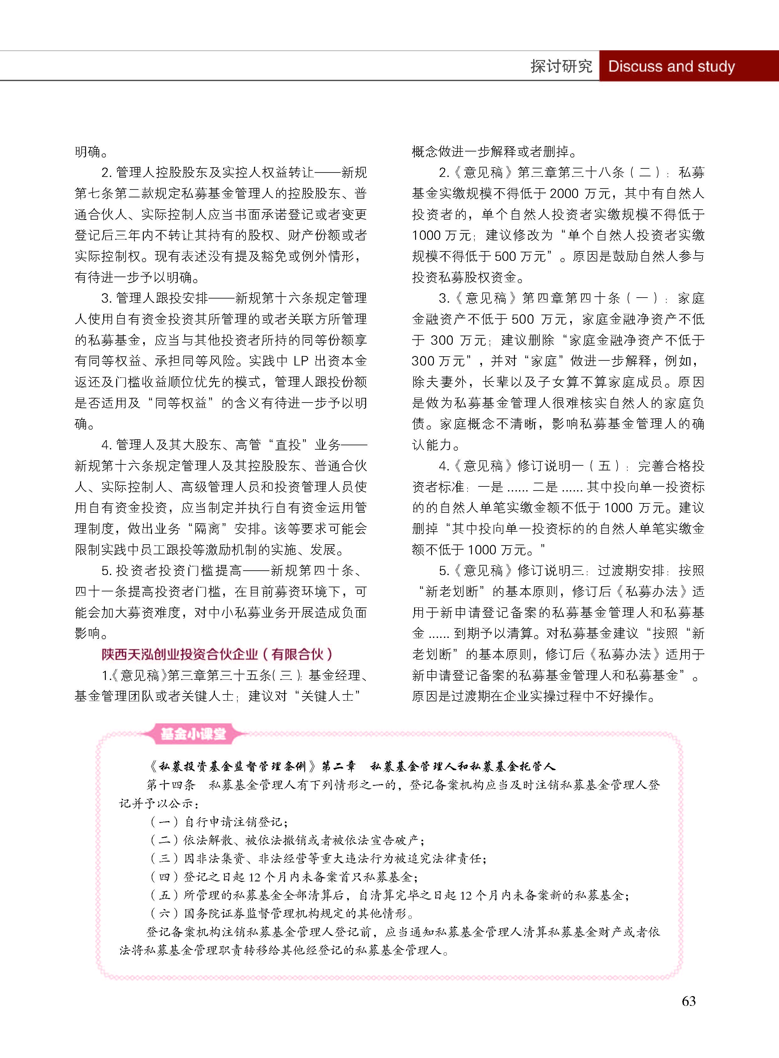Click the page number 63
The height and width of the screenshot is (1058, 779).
pyautogui.click(x=689, y=1000)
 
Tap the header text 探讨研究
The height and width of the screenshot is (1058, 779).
pyautogui.click(x=561, y=66)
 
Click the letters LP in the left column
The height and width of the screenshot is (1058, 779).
pyautogui.click(x=301, y=361)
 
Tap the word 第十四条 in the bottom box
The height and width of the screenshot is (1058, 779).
pyautogui.click(x=171, y=785)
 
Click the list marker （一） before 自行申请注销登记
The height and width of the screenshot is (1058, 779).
pyautogui.click(x=164, y=822)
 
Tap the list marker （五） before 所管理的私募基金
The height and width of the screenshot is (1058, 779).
pyautogui.click(x=164, y=895)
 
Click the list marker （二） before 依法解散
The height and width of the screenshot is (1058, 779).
pyautogui.click(x=164, y=840)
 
